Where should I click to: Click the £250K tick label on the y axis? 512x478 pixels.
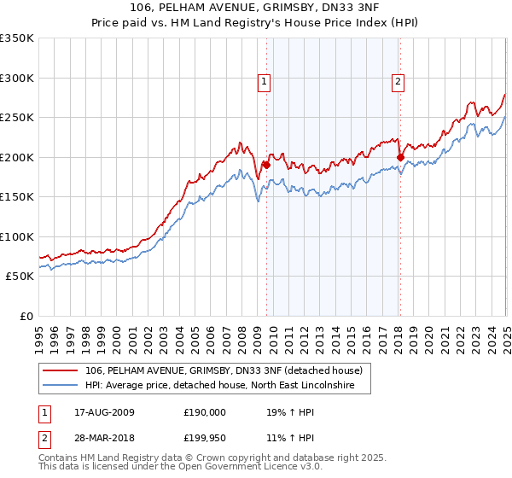(x=16, y=118)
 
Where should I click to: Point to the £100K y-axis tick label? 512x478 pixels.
(x=16, y=236)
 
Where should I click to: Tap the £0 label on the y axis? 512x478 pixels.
(x=26, y=316)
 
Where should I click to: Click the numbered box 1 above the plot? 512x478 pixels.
(x=265, y=82)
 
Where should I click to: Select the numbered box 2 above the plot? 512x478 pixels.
(x=399, y=82)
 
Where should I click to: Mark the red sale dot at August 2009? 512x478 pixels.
(x=266, y=165)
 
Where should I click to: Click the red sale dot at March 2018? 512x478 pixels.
(x=400, y=157)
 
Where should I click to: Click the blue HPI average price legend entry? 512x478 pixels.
(x=226, y=386)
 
